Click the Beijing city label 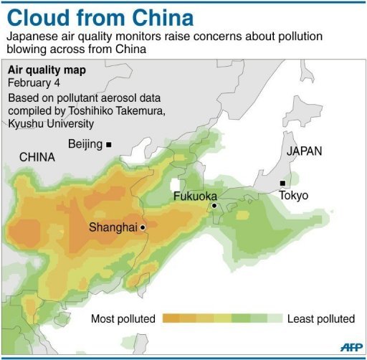coord(85,144)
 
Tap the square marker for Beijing coord(109,145)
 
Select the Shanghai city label coord(113,227)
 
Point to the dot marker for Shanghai coord(143,227)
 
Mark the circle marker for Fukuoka coord(214,206)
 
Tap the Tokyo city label coord(294,195)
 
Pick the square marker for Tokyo coord(283,183)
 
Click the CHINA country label coord(37,157)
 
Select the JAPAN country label coord(304,151)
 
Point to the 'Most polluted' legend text coord(124,318)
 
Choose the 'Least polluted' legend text coord(320,318)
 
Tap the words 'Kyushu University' coord(51,124)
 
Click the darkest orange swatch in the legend coord(171,318)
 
